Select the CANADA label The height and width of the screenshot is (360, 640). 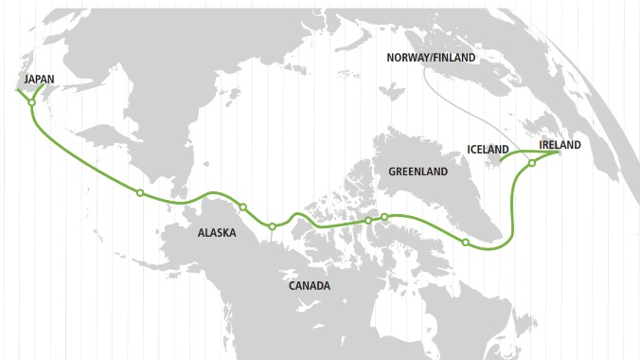tap(310, 285)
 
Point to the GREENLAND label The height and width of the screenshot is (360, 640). tap(417, 171)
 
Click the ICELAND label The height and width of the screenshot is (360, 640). tap(489, 150)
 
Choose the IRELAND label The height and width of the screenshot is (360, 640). tap(560, 144)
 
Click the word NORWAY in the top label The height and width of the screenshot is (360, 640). tap(407, 58)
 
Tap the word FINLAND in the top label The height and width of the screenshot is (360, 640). tap(454, 58)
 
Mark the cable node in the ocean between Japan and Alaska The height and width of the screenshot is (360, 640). tap(140, 193)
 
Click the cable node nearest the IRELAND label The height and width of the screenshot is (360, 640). tap(532, 164)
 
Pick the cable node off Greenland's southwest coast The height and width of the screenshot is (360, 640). tap(465, 243)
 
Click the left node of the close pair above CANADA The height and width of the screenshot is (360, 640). tap(368, 221)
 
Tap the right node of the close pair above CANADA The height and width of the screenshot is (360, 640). tap(384, 217)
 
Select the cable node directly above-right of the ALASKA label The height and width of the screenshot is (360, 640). tap(243, 207)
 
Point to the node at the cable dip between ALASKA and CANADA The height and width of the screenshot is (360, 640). tap(272, 226)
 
